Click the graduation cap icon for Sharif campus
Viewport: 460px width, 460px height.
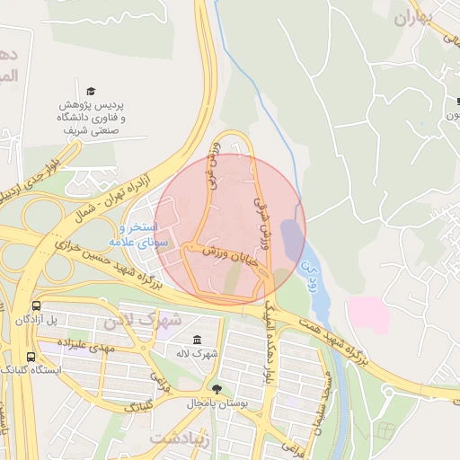coord(91,91)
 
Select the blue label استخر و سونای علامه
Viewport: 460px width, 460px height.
coord(134,235)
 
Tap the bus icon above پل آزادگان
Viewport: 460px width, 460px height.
coord(36,305)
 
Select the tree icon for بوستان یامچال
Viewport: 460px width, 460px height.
coord(216,389)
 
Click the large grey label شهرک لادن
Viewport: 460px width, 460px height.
coord(143,319)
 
